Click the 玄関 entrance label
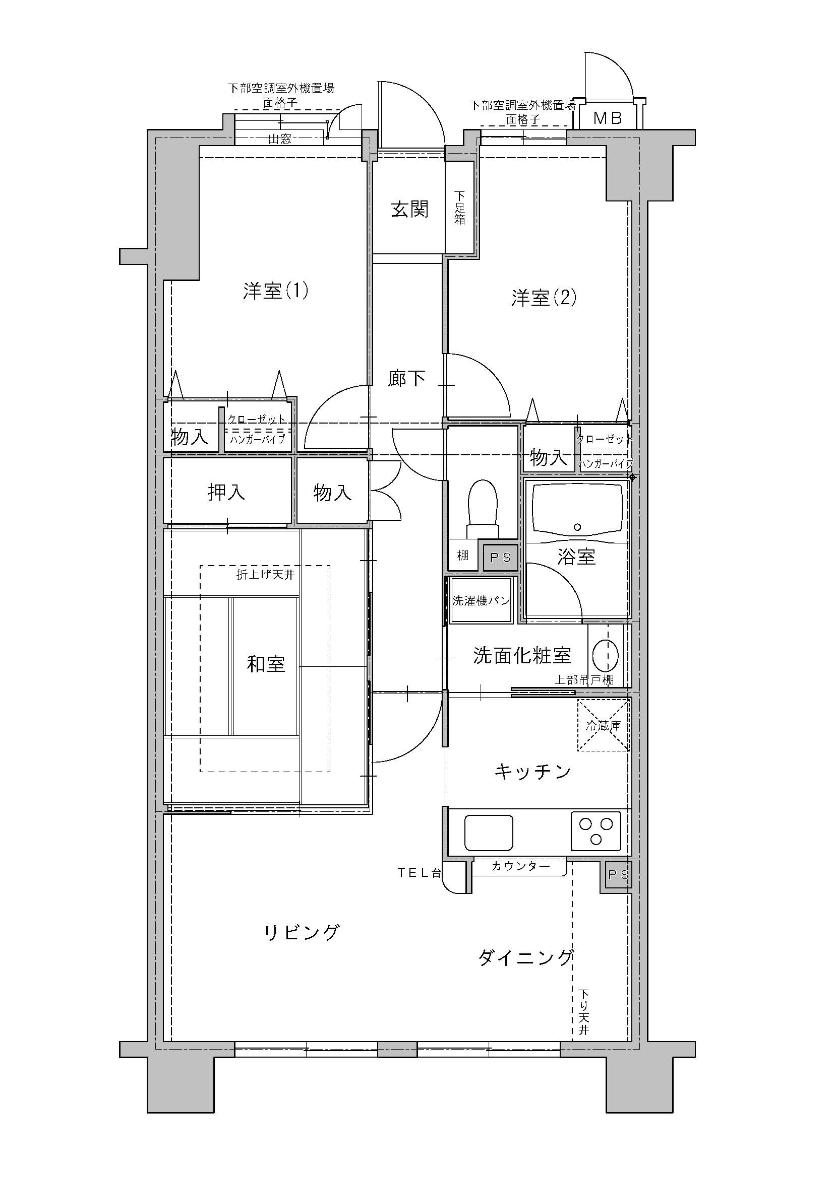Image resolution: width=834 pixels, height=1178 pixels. [410, 210]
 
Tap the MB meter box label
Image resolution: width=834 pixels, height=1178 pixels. [608, 118]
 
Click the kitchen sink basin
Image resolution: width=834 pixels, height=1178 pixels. [489, 833]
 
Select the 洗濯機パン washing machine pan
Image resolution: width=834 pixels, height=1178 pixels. [481, 600]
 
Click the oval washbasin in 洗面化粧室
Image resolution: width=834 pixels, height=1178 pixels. [606, 656]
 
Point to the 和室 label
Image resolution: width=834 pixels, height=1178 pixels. [266, 664]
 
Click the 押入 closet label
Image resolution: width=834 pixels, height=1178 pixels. [226, 492]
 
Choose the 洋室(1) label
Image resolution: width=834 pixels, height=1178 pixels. [276, 291]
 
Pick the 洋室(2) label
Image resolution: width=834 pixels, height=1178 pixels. [544, 298]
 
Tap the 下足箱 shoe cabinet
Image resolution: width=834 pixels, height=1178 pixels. [460, 207]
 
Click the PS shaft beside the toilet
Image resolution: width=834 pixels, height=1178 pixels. [500, 557]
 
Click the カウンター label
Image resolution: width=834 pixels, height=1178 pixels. [520, 867]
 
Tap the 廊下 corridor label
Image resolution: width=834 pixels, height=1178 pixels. [406, 379]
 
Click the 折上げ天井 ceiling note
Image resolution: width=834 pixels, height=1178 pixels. [265, 575]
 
